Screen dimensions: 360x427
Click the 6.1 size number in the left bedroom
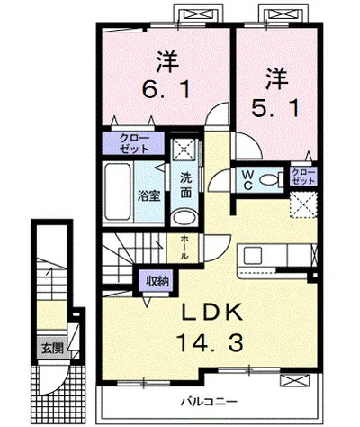pyautogui.click(x=166, y=89)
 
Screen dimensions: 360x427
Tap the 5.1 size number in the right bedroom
pyautogui.click(x=275, y=109)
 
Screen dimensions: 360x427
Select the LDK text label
pyautogui.click(x=212, y=313)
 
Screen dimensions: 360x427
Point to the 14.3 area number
pyautogui.click(x=209, y=342)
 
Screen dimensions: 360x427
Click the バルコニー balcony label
pyautogui.click(x=209, y=401)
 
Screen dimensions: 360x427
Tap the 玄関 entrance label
pyautogui.click(x=52, y=348)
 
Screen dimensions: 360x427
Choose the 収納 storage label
pyautogui.click(x=157, y=281)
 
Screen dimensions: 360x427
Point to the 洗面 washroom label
pyautogui.click(x=186, y=186)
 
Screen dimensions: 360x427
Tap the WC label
pyautogui.click(x=248, y=180)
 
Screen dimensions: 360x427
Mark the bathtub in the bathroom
pyautogui.click(x=118, y=192)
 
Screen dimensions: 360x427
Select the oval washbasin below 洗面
pyautogui.click(x=185, y=217)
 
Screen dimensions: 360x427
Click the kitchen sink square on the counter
pyautogui.click(x=253, y=256)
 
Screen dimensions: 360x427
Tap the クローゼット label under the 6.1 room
pyautogui.click(x=134, y=143)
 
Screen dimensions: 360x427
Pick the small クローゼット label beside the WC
pyautogui.click(x=303, y=177)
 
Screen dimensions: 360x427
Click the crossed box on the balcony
pyautogui.click(x=292, y=381)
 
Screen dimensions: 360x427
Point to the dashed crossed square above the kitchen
pyautogui.click(x=303, y=205)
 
